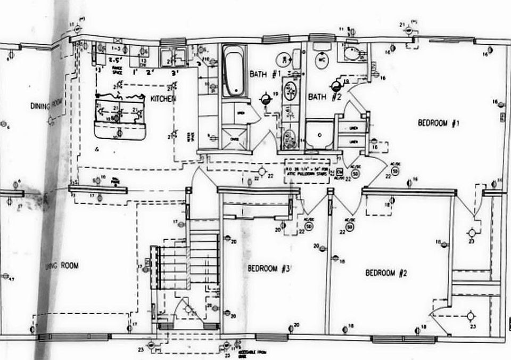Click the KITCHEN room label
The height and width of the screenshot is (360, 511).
[x=163, y=99]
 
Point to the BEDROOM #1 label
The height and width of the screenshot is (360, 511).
[x=438, y=123]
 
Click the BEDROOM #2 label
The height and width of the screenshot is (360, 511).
[x=386, y=273]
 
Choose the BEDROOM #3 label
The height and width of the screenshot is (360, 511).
[x=269, y=268]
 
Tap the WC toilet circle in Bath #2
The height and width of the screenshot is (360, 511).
[x=322, y=60]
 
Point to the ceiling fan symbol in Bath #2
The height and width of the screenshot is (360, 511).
[x=336, y=85]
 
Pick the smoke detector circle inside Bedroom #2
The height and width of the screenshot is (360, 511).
[x=350, y=227]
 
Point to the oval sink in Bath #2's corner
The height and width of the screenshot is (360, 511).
[x=352, y=53]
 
